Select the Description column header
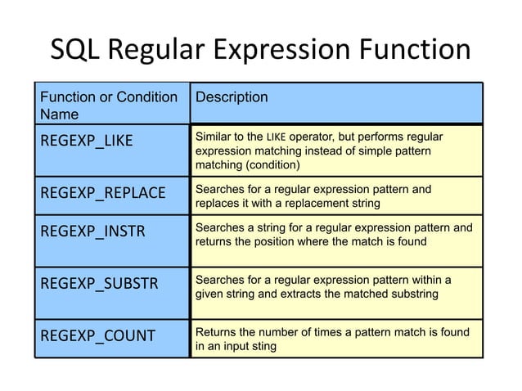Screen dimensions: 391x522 pyautogui.click(x=231, y=97)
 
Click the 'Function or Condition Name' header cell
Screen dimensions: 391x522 pyautogui.click(x=109, y=106)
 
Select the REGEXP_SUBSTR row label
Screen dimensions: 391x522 pyautogui.click(x=92, y=285)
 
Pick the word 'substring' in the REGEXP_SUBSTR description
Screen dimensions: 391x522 pyautogui.click(x=414, y=294)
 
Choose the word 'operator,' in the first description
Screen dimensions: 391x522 pyautogui.click(x=317, y=135)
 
